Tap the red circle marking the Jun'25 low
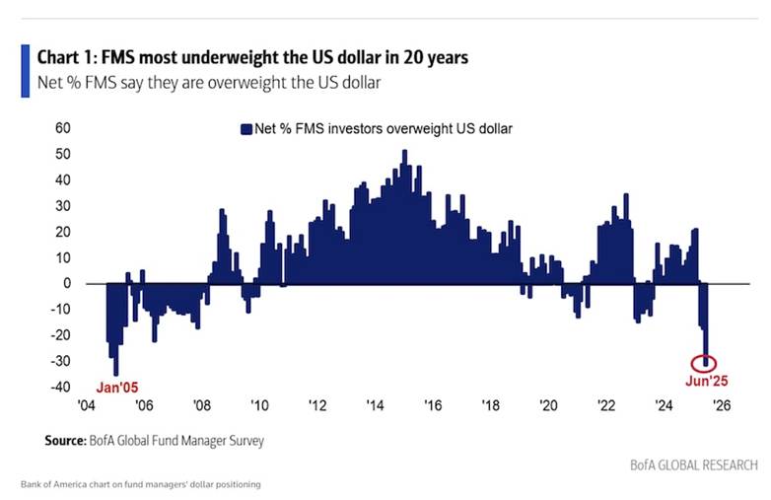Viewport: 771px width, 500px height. (x=706, y=362)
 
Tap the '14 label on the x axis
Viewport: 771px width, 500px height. (x=376, y=404)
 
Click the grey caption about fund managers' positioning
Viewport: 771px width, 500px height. (x=140, y=485)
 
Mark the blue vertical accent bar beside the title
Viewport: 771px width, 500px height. (x=25, y=69)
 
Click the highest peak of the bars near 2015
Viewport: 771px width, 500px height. (x=404, y=152)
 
